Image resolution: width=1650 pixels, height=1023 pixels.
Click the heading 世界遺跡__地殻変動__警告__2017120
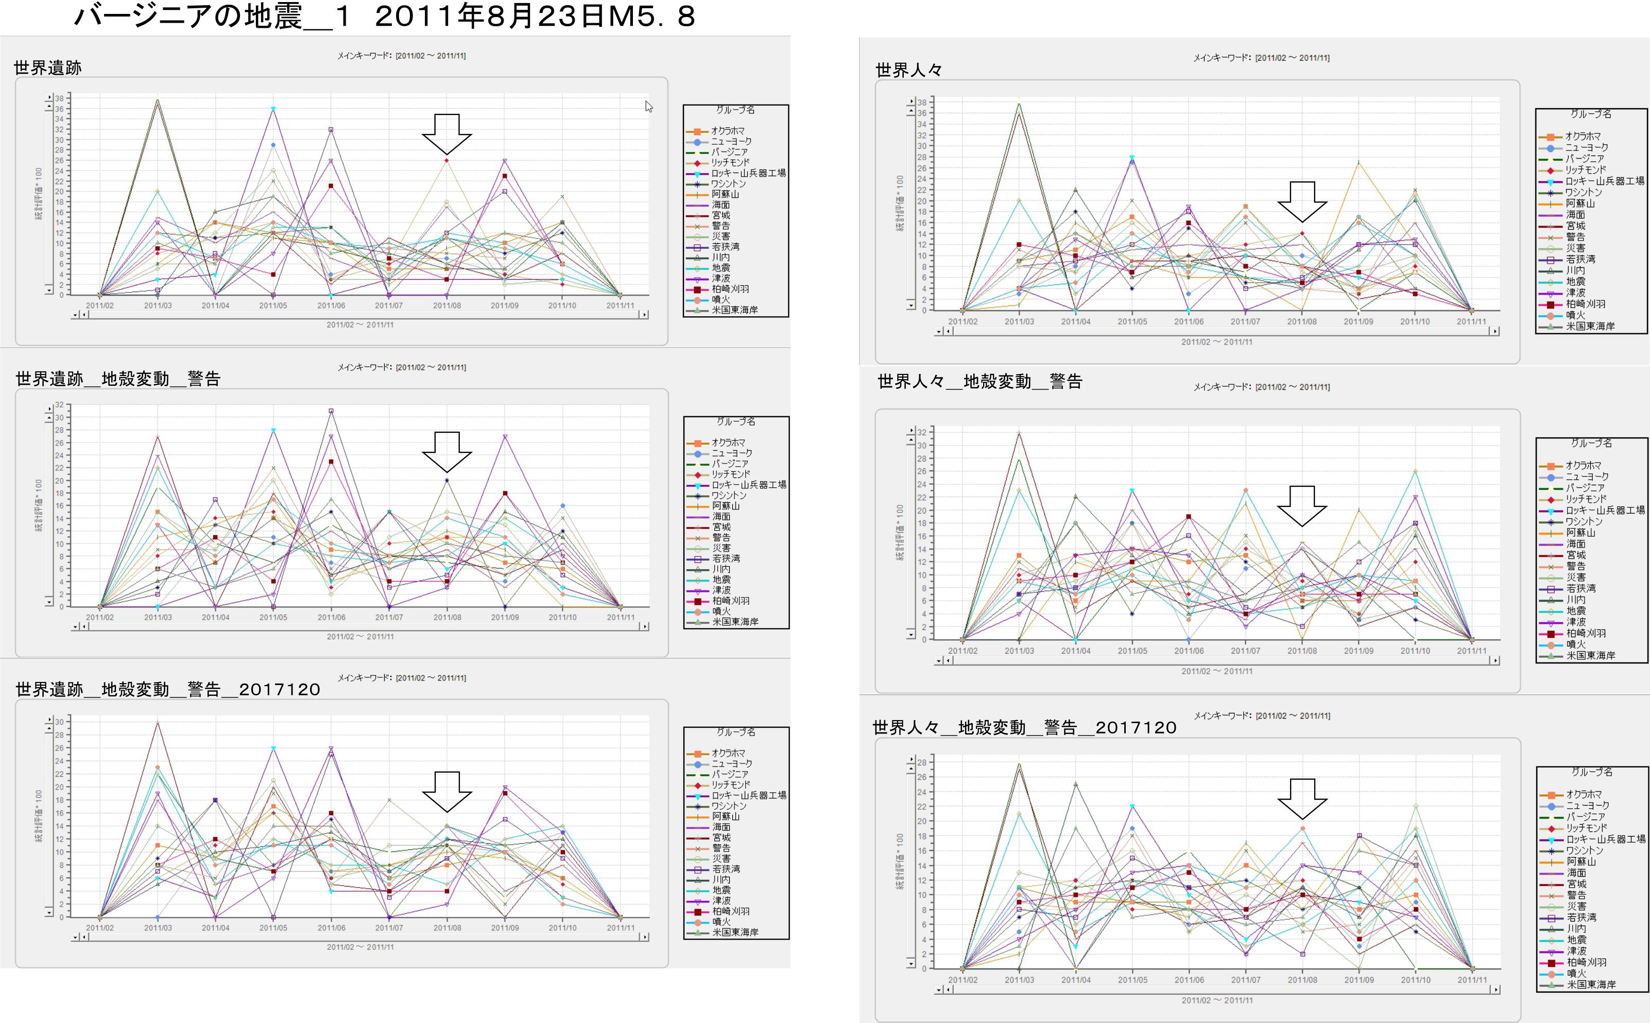pyautogui.click(x=168, y=689)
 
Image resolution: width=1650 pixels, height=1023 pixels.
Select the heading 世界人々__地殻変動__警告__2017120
pyautogui.click(x=1024, y=727)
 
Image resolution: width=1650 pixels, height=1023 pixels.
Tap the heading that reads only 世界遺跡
pyautogui.click(x=47, y=67)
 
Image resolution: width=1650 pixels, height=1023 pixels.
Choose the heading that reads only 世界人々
pyautogui.click(x=908, y=70)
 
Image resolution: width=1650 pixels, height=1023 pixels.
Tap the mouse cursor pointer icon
pyautogui.click(x=648, y=106)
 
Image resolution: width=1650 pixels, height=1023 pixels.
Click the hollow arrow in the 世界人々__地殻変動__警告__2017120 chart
pyautogui.click(x=1302, y=799)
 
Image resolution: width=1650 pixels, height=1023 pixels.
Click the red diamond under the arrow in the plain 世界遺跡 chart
pyautogui.click(x=447, y=160)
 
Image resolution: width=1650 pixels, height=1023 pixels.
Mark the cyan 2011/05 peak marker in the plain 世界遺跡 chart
pyautogui.click(x=273, y=108)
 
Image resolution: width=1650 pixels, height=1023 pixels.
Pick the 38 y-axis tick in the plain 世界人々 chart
pyautogui.click(x=922, y=102)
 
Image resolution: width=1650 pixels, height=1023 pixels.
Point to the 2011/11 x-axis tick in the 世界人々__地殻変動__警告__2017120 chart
pyautogui.click(x=1471, y=980)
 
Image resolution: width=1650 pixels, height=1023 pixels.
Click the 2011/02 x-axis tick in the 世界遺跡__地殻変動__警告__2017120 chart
pyautogui.click(x=100, y=928)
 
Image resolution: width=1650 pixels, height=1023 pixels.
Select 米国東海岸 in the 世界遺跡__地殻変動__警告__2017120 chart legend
pyautogui.click(x=735, y=932)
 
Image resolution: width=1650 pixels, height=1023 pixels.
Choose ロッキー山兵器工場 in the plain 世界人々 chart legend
pyautogui.click(x=1605, y=181)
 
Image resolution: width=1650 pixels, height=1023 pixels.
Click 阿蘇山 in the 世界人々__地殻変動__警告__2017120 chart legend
pyautogui.click(x=1582, y=861)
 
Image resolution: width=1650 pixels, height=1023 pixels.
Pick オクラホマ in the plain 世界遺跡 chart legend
pyautogui.click(x=728, y=131)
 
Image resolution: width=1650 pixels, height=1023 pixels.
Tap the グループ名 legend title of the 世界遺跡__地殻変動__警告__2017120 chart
pyautogui.click(x=736, y=732)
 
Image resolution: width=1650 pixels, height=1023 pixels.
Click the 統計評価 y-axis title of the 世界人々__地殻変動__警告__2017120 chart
pyautogui.click(x=899, y=861)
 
